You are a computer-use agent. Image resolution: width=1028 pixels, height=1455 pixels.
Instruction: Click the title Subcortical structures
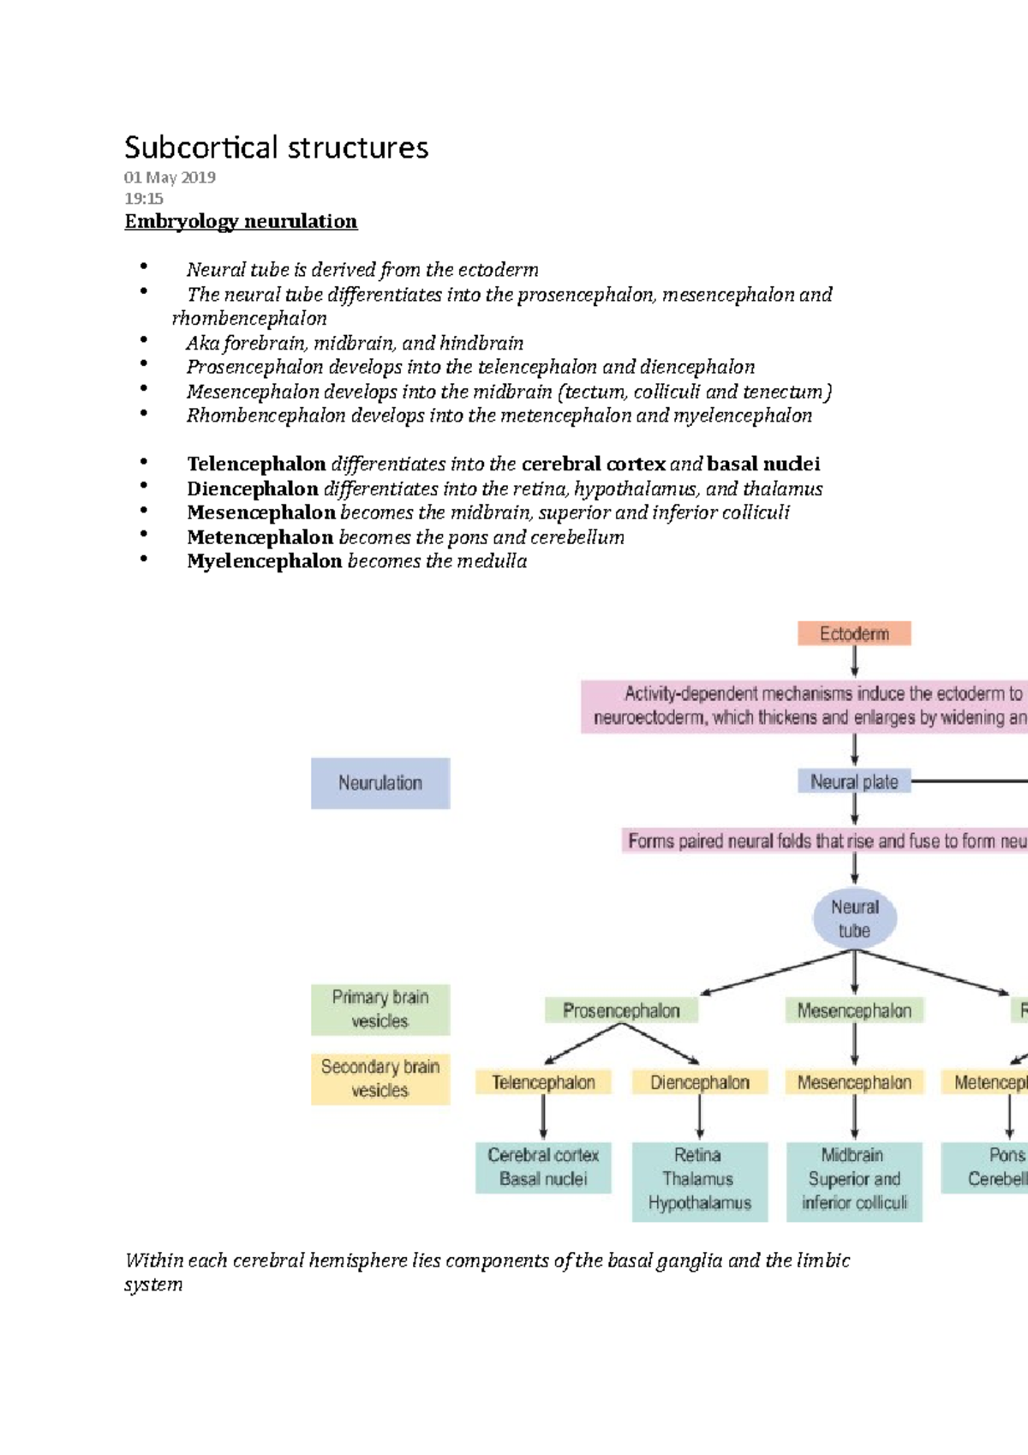[x=276, y=147]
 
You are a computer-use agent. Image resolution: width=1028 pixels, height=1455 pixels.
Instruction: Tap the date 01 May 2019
[x=170, y=177]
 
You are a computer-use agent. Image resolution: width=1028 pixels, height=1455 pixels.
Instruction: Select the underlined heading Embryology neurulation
[x=241, y=221]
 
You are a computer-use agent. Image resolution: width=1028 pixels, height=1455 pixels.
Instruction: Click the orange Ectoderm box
[x=854, y=633]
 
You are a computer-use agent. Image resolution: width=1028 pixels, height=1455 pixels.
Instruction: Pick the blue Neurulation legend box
[x=380, y=782]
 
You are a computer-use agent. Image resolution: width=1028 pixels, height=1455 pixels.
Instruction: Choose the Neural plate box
[x=854, y=781]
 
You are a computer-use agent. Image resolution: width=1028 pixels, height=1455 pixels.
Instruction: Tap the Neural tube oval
[x=855, y=919]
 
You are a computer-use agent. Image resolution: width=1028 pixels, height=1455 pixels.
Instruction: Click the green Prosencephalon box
[x=621, y=1010]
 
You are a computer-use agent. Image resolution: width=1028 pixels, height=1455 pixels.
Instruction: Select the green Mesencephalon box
[x=854, y=1010]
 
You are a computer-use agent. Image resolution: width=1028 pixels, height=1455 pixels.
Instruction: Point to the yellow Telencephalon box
[x=543, y=1082]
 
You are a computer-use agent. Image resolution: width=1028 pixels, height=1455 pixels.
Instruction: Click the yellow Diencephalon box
[x=699, y=1082]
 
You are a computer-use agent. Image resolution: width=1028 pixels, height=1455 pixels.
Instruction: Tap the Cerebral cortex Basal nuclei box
[x=543, y=1167]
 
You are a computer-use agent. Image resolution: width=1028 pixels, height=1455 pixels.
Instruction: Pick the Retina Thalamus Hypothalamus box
[x=699, y=1180]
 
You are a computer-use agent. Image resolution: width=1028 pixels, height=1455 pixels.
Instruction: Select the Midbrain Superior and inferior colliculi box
[x=854, y=1180]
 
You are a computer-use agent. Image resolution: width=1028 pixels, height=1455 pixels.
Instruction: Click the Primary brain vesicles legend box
[x=380, y=1009]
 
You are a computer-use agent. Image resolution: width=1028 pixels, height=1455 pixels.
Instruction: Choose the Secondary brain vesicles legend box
[x=380, y=1079]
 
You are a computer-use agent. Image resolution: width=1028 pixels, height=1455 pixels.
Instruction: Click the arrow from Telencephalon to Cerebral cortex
[x=543, y=1118]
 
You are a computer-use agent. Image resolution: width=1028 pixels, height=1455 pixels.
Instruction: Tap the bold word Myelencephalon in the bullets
[x=265, y=561]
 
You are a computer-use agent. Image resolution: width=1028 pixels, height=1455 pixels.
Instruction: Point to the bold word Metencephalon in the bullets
[x=260, y=537]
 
